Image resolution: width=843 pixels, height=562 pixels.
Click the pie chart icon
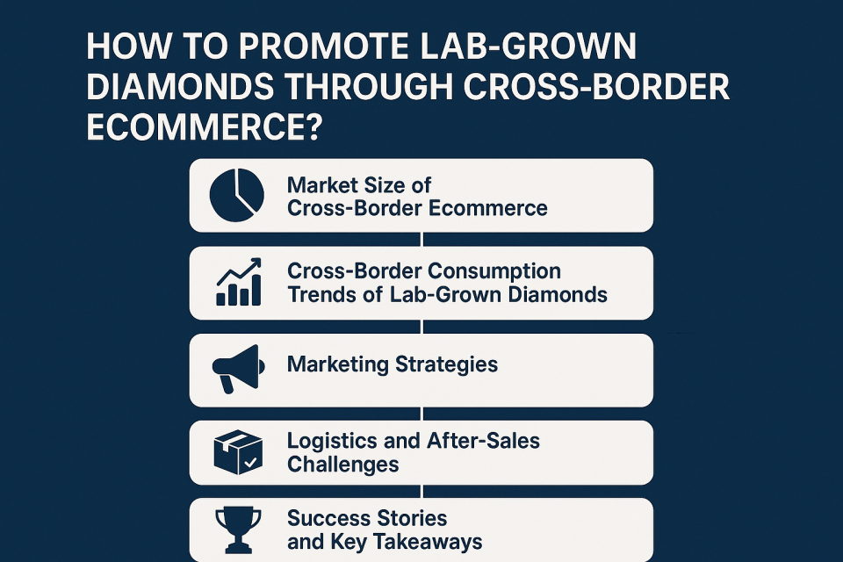point(236,195)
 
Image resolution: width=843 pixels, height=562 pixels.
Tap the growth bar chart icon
point(239,282)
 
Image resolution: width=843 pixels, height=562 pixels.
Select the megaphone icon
point(238,369)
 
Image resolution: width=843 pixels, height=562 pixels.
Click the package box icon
point(238,452)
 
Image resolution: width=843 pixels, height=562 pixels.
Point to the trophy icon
point(238,530)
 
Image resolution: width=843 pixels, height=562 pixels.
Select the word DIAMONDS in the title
point(179,87)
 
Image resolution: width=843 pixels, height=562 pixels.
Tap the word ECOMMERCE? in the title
point(205,127)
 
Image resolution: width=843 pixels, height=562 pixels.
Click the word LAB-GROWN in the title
point(528,47)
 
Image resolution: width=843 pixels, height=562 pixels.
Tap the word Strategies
point(446,364)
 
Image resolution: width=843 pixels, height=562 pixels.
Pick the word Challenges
point(343,465)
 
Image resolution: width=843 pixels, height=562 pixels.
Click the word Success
point(324,518)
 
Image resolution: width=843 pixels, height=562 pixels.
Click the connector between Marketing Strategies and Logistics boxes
point(422,414)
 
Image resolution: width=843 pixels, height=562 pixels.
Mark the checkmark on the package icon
point(250,462)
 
